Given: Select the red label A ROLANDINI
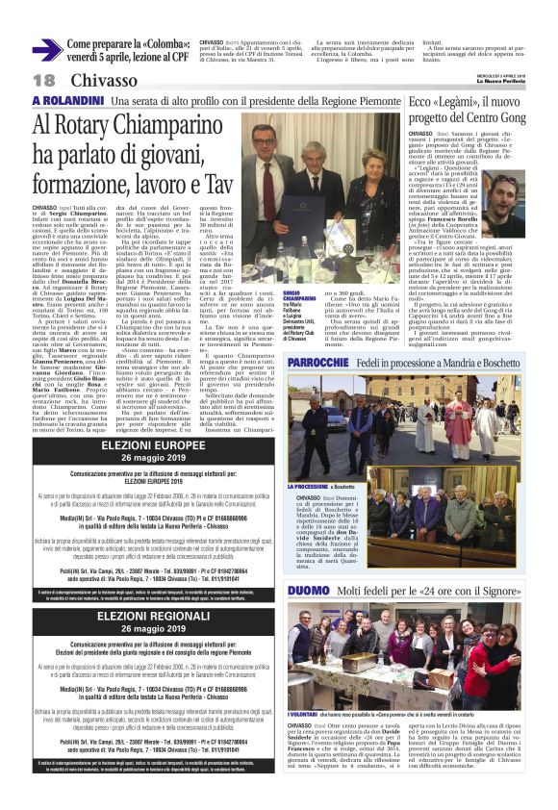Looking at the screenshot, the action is [67, 101].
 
